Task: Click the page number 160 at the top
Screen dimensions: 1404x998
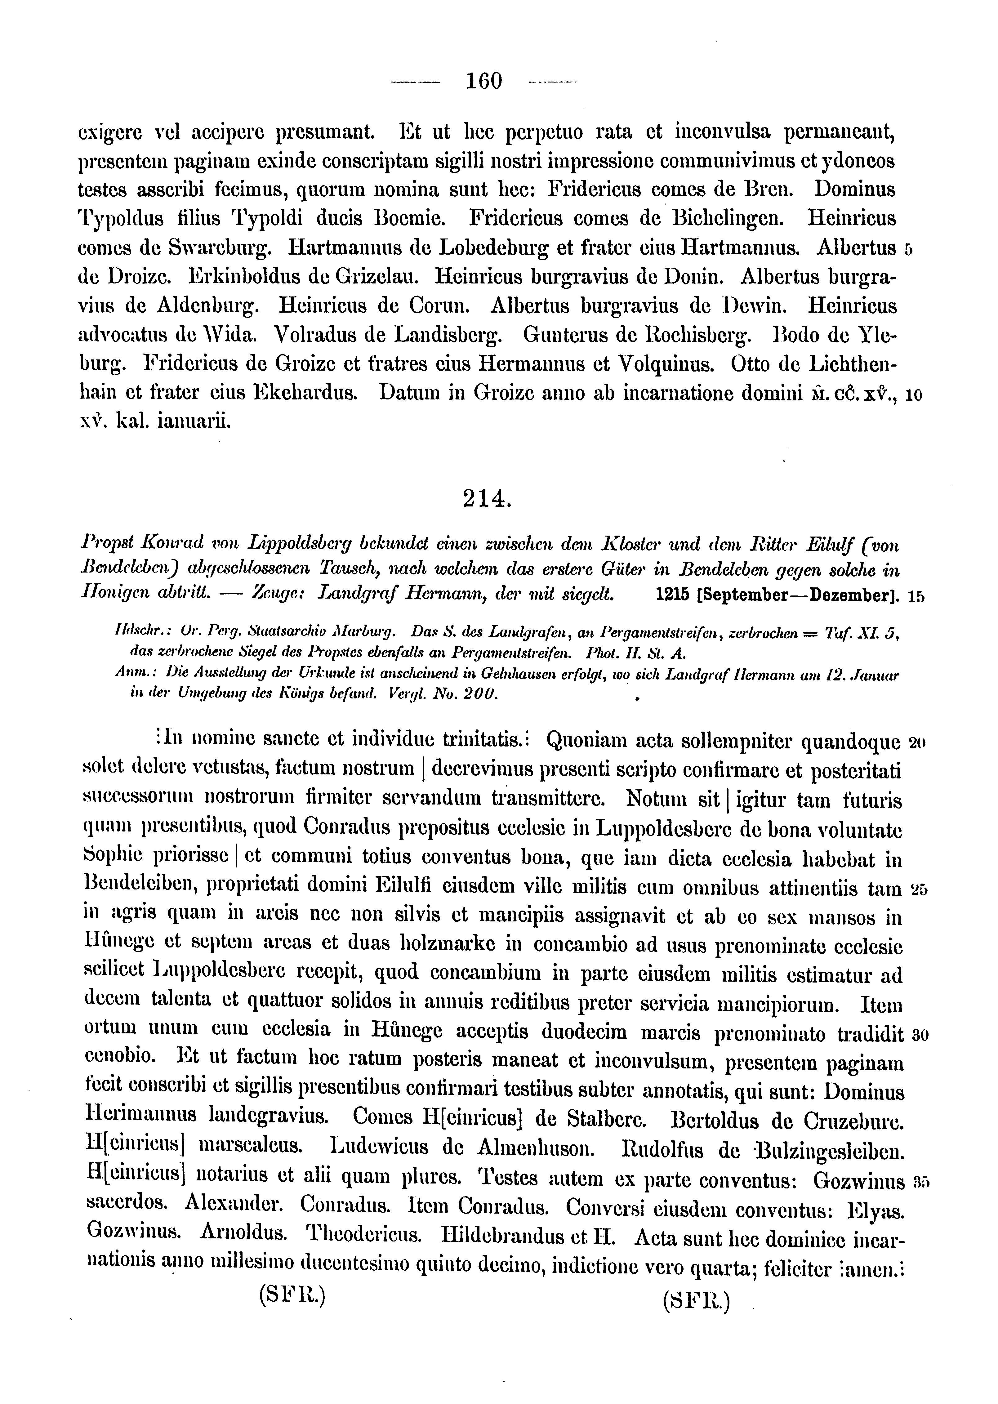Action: pos(485,81)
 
